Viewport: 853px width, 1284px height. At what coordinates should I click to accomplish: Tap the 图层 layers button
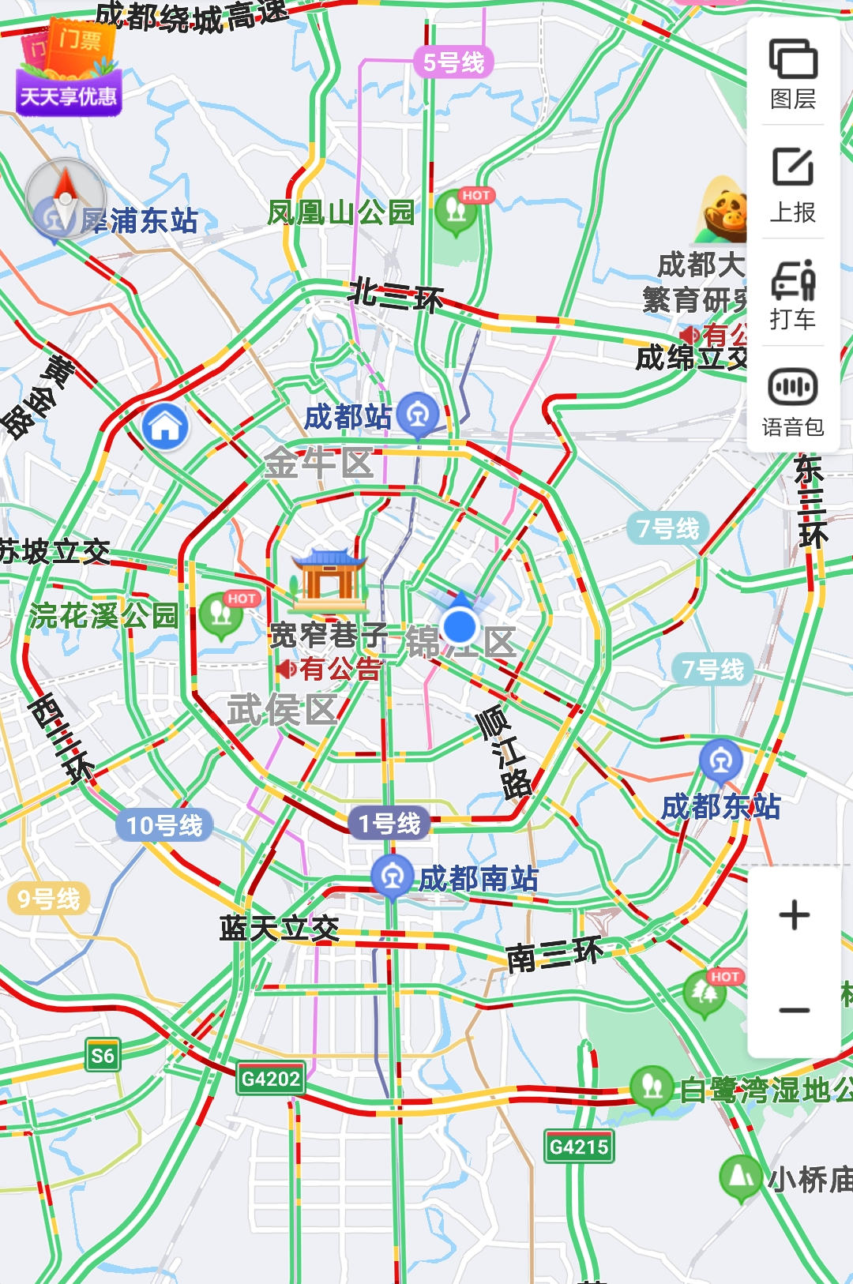[793, 73]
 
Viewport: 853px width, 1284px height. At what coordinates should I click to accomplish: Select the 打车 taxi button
[793, 294]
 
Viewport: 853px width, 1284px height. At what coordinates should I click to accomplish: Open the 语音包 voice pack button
[793, 402]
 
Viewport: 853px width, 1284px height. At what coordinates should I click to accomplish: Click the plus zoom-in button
[794, 915]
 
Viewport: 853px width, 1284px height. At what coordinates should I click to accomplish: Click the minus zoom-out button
[794, 1010]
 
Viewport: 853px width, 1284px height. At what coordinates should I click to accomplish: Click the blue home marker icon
[166, 427]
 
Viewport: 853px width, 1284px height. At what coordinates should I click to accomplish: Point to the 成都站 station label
[348, 417]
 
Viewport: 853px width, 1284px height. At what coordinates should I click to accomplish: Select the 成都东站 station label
[720, 807]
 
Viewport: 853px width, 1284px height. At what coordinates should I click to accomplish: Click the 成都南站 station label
[478, 878]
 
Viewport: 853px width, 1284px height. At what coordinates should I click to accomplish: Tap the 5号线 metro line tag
[453, 62]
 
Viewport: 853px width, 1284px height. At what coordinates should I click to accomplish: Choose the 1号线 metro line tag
[389, 824]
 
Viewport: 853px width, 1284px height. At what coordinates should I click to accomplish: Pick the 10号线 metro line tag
[164, 825]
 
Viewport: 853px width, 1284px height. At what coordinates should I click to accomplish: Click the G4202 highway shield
[270, 1079]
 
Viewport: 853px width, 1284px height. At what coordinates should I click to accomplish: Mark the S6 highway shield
[103, 1056]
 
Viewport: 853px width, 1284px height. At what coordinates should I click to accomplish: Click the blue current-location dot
[460, 626]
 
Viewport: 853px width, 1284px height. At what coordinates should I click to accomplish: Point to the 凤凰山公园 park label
[340, 212]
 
